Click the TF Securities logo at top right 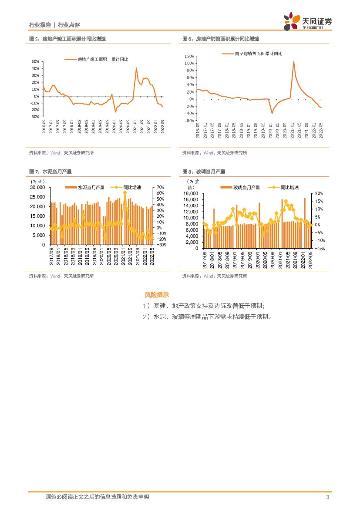point(307,21)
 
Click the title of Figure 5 point(67,39)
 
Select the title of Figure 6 point(221,39)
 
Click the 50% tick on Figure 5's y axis point(35,61)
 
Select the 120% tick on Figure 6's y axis point(188,56)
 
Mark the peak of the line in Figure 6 point(293,61)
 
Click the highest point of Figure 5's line point(136,68)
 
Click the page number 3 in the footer point(327,497)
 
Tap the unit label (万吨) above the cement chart point(38,181)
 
